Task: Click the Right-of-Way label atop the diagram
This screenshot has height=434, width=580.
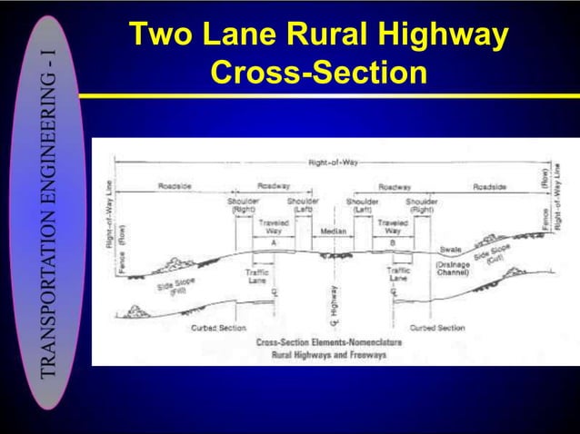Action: [x=333, y=162]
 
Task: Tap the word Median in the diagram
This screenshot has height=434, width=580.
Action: [x=333, y=232]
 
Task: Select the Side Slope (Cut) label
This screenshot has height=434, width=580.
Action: [x=492, y=253]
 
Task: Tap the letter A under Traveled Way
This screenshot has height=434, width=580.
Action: [x=273, y=243]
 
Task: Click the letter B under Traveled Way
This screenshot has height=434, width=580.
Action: [x=393, y=243]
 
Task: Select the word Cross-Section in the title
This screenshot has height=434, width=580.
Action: [x=317, y=72]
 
